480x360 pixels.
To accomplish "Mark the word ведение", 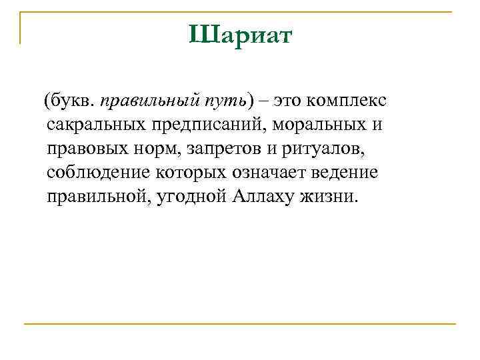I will pos(348,173).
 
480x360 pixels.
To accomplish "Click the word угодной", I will pos(195,197).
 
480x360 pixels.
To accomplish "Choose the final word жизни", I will pos(337,197).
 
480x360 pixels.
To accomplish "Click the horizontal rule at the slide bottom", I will pos(240,323).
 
